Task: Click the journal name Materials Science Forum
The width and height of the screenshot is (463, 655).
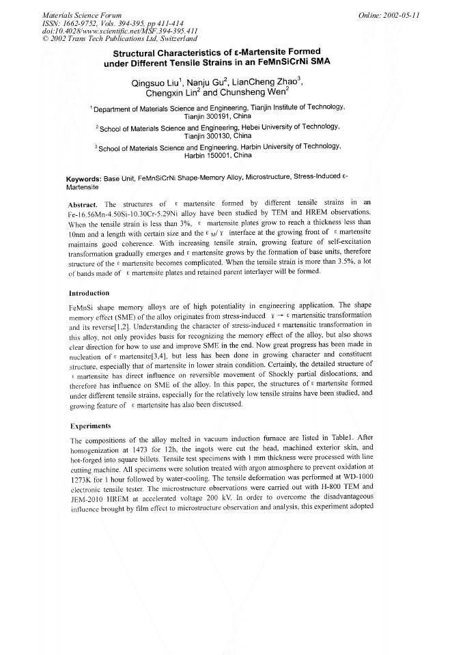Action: point(74,14)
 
